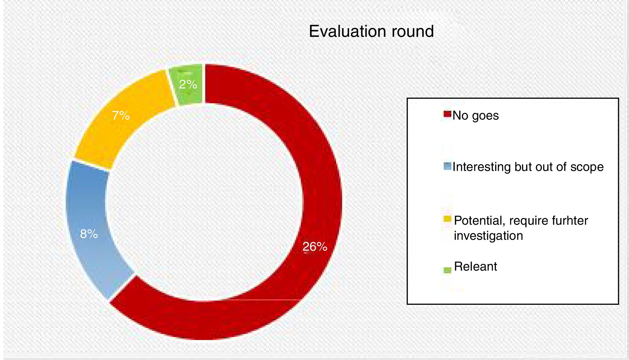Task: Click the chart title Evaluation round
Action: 371,31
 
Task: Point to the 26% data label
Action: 315,247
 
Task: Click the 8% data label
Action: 89,234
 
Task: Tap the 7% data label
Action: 121,115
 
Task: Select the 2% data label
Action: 188,84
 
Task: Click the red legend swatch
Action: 447,114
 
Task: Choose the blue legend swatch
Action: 447,166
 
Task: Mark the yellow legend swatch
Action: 447,219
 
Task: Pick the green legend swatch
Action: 447,270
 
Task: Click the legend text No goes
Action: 476,115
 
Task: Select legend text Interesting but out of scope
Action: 528,167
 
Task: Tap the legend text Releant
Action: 475,266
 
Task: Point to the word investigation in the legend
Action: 488,236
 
